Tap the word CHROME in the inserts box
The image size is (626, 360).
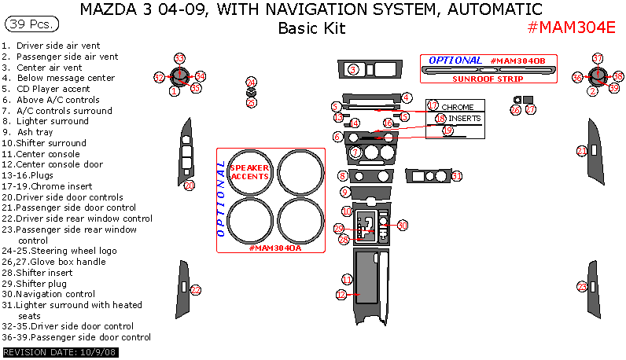tap(457, 106)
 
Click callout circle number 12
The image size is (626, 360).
tap(341, 295)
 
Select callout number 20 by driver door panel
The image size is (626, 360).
tap(189, 185)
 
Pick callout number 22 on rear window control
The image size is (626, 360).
tap(196, 289)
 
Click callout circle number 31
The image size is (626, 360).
tap(456, 176)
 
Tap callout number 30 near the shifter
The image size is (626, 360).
tap(402, 226)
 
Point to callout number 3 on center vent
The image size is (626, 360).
tap(353, 70)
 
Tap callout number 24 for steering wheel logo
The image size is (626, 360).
tap(251, 83)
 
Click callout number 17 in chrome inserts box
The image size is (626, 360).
tap(432, 105)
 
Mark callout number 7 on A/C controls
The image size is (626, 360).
tap(355, 152)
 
